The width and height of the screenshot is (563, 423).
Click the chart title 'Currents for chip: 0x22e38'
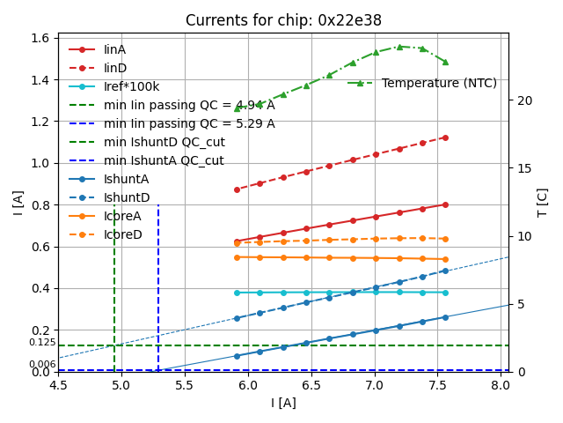[283, 20]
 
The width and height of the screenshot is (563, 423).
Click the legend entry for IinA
[114, 49]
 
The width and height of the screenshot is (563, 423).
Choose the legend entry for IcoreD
[122, 234]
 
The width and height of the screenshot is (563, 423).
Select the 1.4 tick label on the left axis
[40, 80]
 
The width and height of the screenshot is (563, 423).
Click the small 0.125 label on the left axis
[41, 342]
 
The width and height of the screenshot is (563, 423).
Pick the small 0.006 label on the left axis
[41, 364]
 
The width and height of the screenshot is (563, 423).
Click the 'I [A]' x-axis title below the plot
[283, 403]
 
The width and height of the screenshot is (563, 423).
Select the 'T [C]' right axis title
[543, 202]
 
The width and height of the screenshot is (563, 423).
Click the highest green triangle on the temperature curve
[399, 47]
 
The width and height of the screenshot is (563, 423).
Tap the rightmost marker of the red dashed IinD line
[445, 137]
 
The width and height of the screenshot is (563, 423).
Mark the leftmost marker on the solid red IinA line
[237, 241]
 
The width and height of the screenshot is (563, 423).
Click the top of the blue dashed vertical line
[158, 205]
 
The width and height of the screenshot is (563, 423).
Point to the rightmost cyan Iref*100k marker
[445, 293]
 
